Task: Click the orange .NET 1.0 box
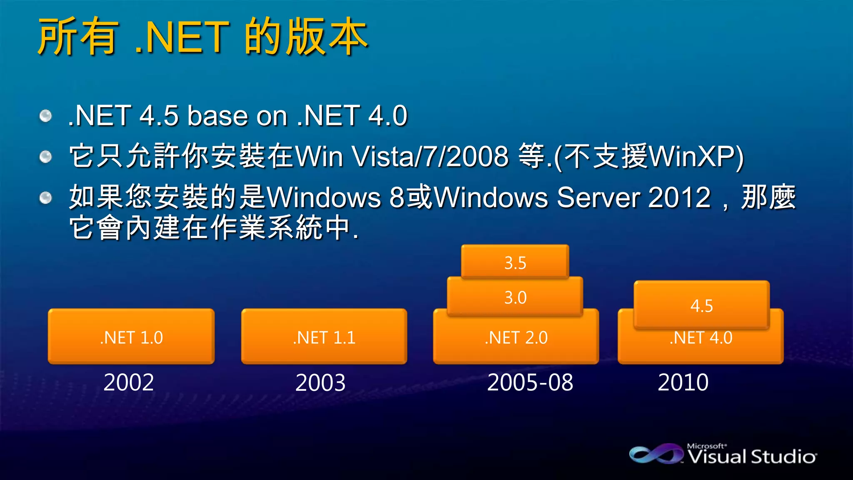(131, 337)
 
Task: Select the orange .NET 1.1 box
(324, 337)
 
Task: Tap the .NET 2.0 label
(516, 337)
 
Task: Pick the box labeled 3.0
(515, 297)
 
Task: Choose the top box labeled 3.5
(515, 262)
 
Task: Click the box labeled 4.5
(701, 305)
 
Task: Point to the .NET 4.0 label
(701, 337)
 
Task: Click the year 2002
(129, 382)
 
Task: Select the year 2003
(320, 382)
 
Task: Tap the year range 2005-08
(530, 382)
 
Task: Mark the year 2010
(683, 382)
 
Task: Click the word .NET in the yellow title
(182, 37)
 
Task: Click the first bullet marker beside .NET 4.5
(45, 116)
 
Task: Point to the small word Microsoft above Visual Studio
(706, 446)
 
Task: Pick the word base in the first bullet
(217, 115)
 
